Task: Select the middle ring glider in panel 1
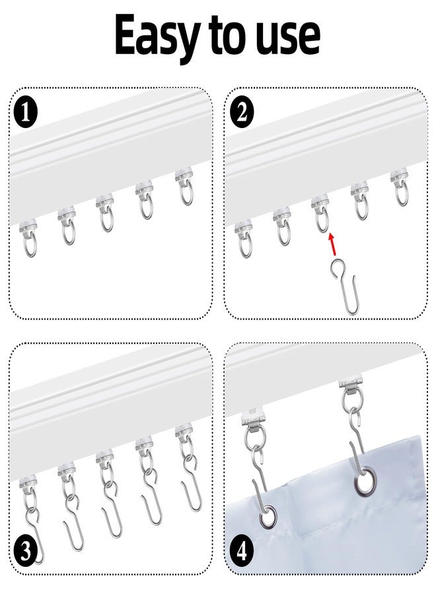pos(104,213)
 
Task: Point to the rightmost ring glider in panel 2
pos(398,188)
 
